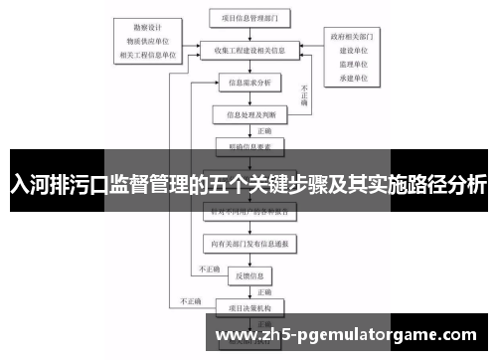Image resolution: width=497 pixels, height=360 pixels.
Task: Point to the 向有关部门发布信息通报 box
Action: (249, 241)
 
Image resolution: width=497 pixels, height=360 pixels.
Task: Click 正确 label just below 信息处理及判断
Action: (264, 130)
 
